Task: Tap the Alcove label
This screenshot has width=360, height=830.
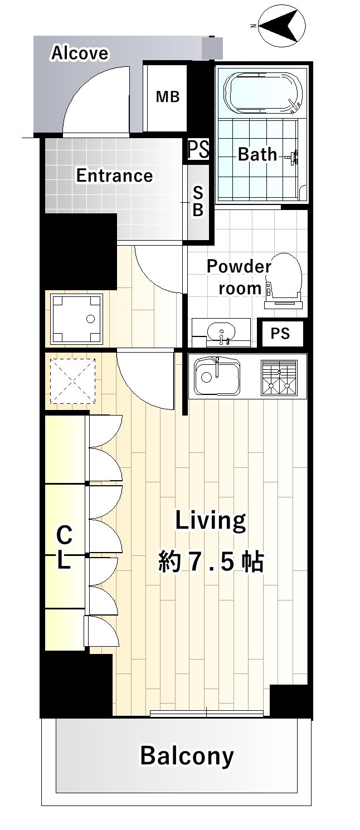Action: pos(80,53)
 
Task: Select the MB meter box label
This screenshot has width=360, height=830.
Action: pos(168,97)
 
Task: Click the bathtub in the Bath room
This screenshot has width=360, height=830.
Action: pos(263,92)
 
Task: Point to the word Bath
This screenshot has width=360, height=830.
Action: pos(257,154)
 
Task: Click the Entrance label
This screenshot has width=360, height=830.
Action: pos(115,175)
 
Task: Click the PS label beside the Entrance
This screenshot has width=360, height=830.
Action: pos(198,149)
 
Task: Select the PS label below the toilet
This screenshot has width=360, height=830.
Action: pos(280,333)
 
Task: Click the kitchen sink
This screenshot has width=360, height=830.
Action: pos(217,376)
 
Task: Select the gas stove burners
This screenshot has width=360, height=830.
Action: pos(279,378)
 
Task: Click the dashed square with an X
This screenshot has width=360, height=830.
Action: pos(72,381)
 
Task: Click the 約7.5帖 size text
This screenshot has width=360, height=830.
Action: pos(211,562)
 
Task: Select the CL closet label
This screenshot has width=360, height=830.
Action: pos(64,546)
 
